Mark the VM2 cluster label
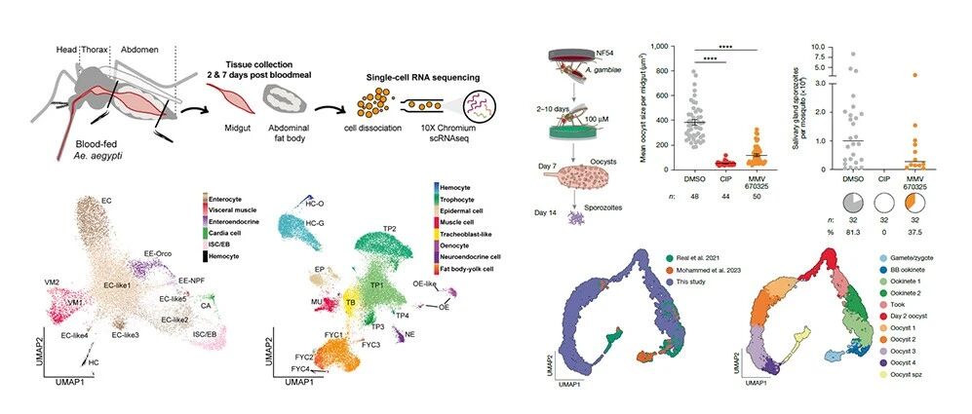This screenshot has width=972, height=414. (56, 282)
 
